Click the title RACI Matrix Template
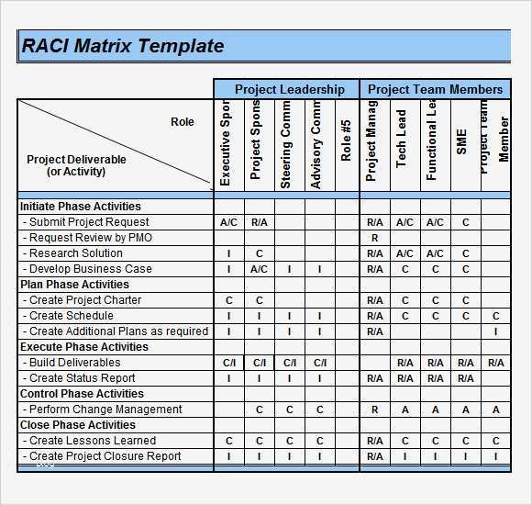123,46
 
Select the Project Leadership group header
289,89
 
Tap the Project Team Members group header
435,89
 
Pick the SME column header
462,142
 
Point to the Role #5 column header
346,141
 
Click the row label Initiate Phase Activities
81,207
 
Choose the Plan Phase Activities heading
75,285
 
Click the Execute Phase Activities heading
84,347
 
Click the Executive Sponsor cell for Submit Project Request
229,222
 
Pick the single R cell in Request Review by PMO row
374,238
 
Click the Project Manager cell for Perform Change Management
374,410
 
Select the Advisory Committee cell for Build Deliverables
319,363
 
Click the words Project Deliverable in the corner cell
77,160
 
